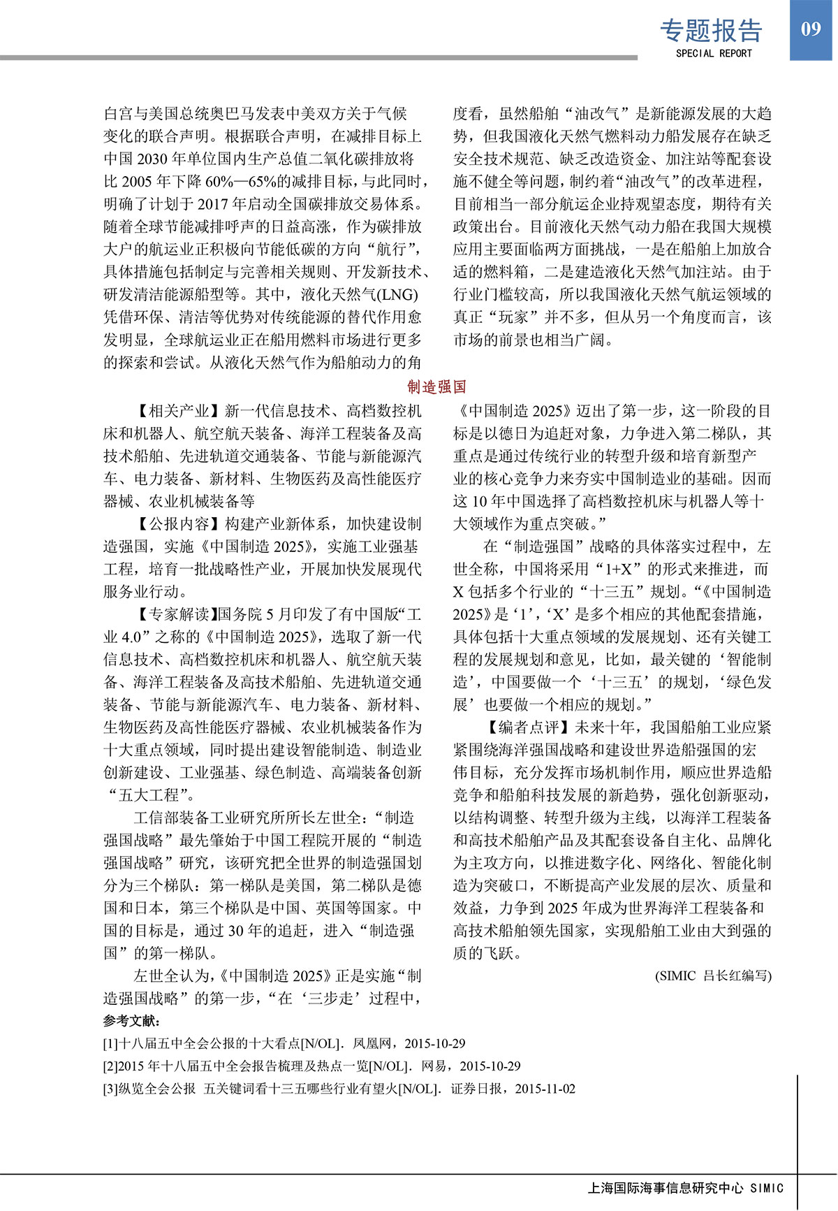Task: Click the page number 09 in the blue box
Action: [x=811, y=29]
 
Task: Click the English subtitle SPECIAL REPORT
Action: [x=714, y=53]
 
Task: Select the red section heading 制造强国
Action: [x=436, y=386]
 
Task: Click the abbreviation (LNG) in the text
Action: [x=398, y=294]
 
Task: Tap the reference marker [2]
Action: [x=110, y=1066]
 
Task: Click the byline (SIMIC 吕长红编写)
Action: [x=713, y=976]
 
